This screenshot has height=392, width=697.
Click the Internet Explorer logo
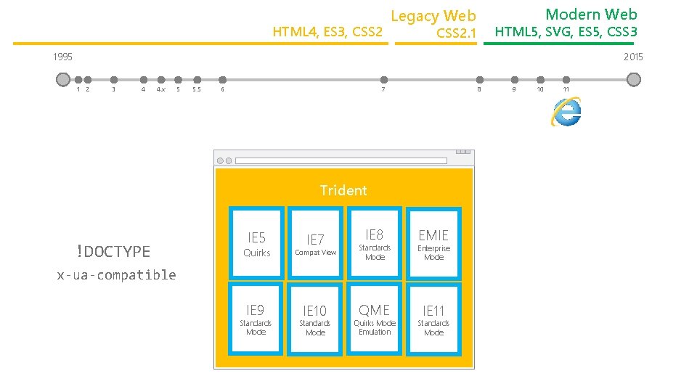566,112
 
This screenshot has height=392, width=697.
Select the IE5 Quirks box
256,243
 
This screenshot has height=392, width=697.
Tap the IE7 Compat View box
315,243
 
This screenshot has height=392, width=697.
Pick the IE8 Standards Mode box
375,243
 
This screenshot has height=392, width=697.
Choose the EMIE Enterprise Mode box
433,243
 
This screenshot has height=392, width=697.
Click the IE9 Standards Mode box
256,319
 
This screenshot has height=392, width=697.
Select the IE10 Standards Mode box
315,319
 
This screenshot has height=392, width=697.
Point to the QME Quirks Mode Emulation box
375,319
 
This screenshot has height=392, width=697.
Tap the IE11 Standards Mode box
433,319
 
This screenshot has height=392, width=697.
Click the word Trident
343,190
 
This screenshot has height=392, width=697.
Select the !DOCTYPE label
113,252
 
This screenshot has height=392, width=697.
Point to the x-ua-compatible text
117,274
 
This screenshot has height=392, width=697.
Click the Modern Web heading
591,14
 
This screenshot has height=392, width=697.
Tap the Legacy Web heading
433,15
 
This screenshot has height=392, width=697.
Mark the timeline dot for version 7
384,80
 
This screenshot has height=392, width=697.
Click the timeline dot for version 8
479,80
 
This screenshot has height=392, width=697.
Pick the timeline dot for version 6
223,80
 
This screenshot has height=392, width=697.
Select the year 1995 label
62,57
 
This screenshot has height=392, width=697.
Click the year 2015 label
633,57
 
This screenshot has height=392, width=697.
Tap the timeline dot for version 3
114,80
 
